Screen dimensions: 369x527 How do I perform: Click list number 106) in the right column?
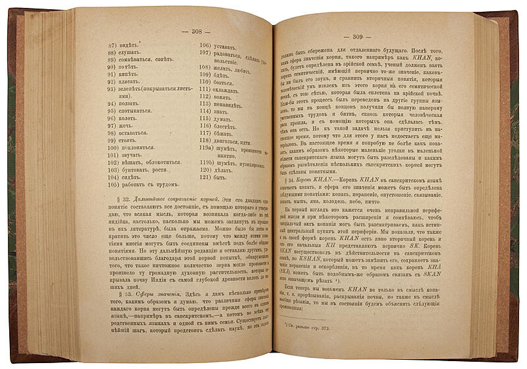coord(206,47)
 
